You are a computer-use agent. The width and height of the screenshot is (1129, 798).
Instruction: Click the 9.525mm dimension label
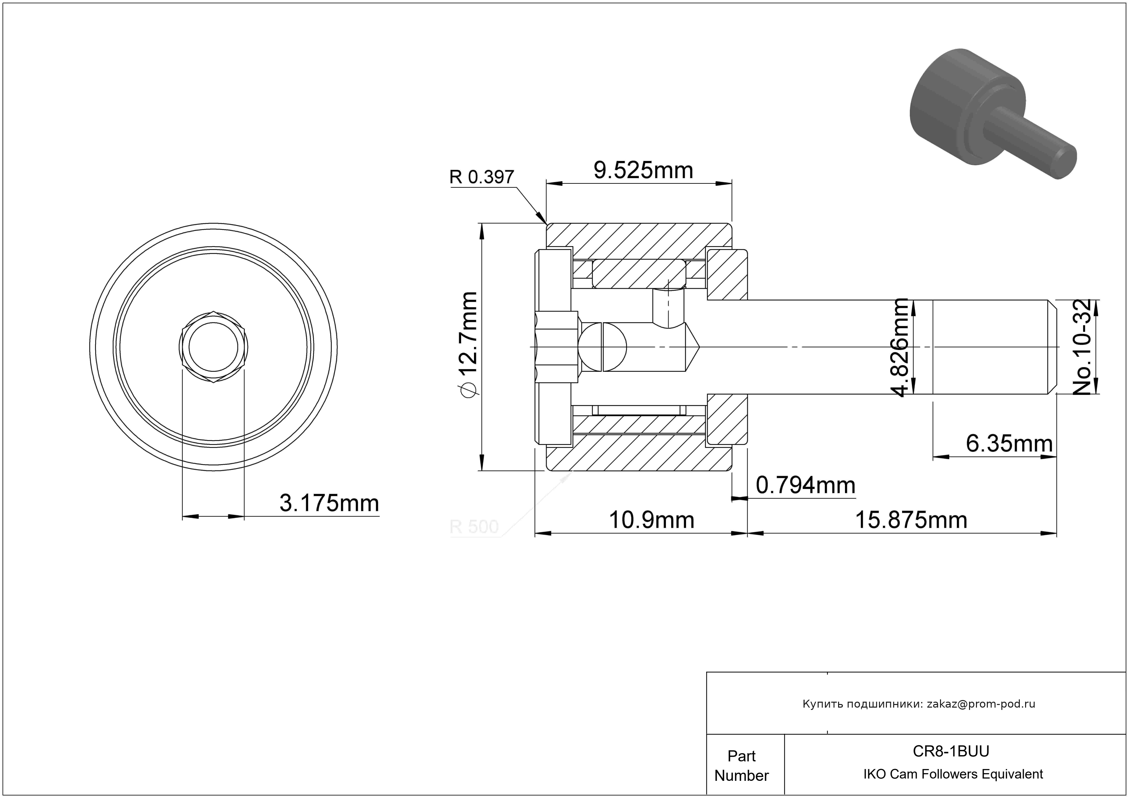[x=643, y=171]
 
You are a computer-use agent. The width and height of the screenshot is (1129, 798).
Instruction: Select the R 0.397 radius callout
[x=482, y=177]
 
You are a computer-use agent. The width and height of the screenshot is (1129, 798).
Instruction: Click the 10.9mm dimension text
[x=651, y=520]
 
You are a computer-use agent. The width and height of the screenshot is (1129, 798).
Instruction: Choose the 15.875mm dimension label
[x=911, y=520]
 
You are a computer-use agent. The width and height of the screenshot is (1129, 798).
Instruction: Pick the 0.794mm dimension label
[x=805, y=485]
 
